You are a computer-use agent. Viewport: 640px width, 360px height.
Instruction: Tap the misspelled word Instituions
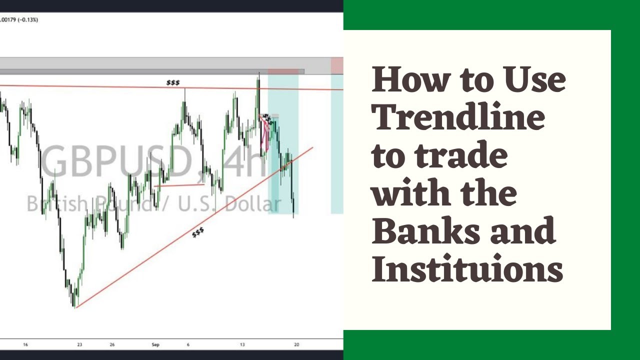point(467,270)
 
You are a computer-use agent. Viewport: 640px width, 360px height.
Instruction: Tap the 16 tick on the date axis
point(25,344)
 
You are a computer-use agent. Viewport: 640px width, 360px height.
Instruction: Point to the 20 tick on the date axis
point(297,344)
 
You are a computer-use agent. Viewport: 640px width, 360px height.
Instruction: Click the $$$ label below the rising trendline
point(198,232)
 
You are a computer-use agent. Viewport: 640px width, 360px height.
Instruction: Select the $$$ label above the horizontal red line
point(173,82)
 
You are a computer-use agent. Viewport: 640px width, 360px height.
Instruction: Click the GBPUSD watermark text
point(116,162)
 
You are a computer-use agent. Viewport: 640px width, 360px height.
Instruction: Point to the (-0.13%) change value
point(28,19)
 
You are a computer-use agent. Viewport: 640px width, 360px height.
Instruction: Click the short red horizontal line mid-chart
point(179,185)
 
